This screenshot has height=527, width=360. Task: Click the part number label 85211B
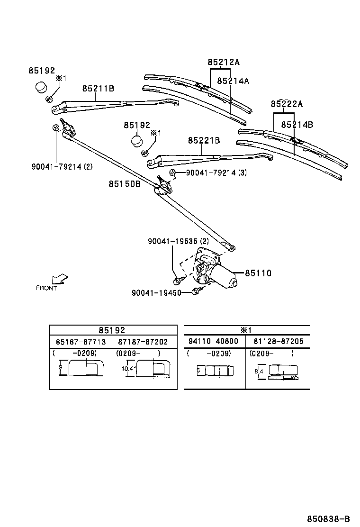tap(98, 88)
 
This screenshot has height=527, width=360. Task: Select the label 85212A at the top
tap(224, 62)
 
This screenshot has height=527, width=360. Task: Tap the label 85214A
tap(233, 81)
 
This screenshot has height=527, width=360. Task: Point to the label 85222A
tap(287, 104)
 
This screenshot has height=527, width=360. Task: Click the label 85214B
tap(297, 125)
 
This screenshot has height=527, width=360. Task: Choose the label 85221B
tap(204, 140)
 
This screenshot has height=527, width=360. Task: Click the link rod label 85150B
tap(125, 184)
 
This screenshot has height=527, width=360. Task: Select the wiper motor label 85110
tap(258, 273)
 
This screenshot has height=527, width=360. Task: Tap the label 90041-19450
tap(156, 293)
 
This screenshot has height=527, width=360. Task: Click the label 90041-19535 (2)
tap(178, 241)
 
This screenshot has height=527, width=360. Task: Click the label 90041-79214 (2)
tap(62, 166)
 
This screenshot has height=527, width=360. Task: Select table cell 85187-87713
tap(81, 341)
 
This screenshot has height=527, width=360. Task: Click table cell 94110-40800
tap(215, 341)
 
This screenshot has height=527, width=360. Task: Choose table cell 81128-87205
tap(278, 341)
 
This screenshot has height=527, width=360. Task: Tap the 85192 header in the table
tap(113, 330)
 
